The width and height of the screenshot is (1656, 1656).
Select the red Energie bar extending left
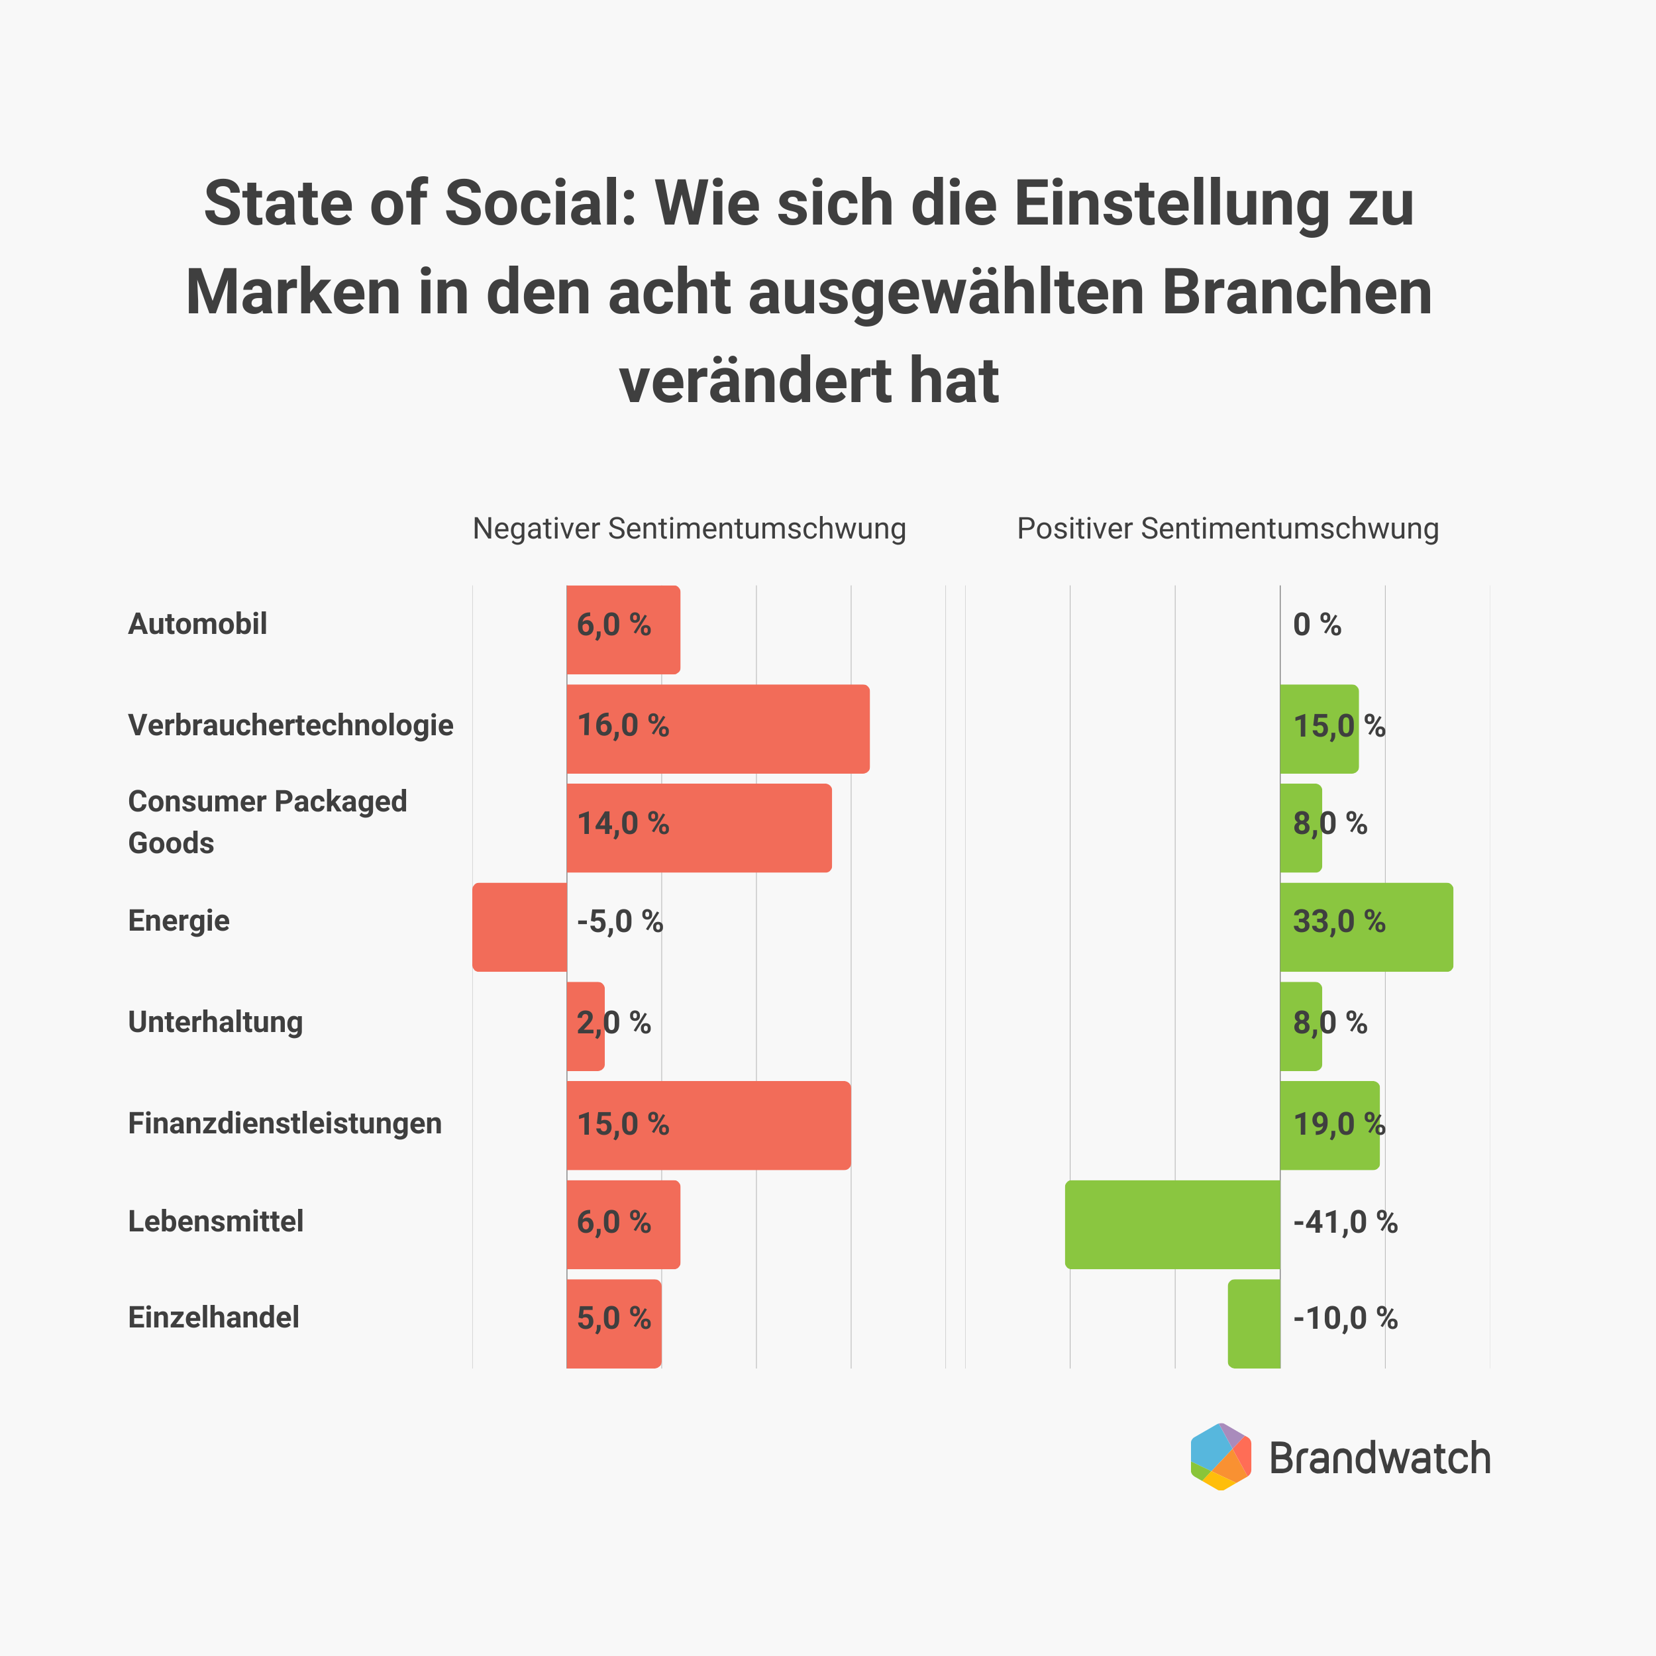point(519,927)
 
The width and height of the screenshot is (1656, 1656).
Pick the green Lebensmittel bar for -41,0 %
point(1172,1224)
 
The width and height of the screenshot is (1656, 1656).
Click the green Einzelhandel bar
point(1254,1323)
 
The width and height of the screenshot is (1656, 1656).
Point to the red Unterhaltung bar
point(586,1026)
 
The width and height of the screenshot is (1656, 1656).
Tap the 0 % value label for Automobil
point(1317,625)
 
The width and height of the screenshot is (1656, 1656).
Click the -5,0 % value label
point(620,921)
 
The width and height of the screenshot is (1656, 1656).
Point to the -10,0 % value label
point(1345,1318)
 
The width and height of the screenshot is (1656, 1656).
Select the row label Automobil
point(197,624)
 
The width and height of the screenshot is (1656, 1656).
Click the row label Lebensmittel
point(215,1221)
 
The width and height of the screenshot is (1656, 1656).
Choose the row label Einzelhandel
point(213,1318)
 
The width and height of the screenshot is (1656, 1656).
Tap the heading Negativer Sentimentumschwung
point(689,529)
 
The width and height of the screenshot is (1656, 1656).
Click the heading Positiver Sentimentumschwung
point(1227,529)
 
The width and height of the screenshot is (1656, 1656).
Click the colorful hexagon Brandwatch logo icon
point(1221,1457)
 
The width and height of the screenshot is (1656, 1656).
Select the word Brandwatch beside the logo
point(1379,1459)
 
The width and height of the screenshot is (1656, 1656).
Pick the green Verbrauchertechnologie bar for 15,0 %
point(1318,729)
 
